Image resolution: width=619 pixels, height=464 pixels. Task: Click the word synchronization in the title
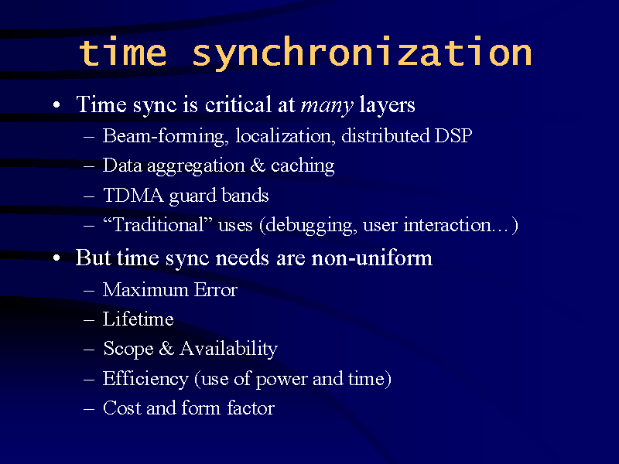click(x=361, y=53)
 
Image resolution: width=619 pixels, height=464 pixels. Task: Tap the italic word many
click(x=327, y=106)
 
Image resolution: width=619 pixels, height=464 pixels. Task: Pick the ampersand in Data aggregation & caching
click(x=258, y=165)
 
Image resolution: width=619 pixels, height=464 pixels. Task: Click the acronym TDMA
click(x=133, y=195)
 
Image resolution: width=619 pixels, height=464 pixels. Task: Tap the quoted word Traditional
click(x=158, y=224)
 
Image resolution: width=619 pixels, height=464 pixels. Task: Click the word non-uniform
click(x=372, y=258)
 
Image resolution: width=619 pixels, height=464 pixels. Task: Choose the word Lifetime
click(x=139, y=319)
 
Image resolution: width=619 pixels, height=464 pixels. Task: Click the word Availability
click(x=228, y=350)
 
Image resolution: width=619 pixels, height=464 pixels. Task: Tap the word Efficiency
click(x=145, y=379)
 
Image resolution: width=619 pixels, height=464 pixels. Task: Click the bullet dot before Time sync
click(x=56, y=105)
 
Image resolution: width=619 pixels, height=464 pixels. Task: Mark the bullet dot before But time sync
click(x=56, y=258)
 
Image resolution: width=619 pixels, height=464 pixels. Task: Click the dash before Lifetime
click(x=89, y=320)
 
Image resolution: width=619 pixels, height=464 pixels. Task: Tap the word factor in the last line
click(x=250, y=408)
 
